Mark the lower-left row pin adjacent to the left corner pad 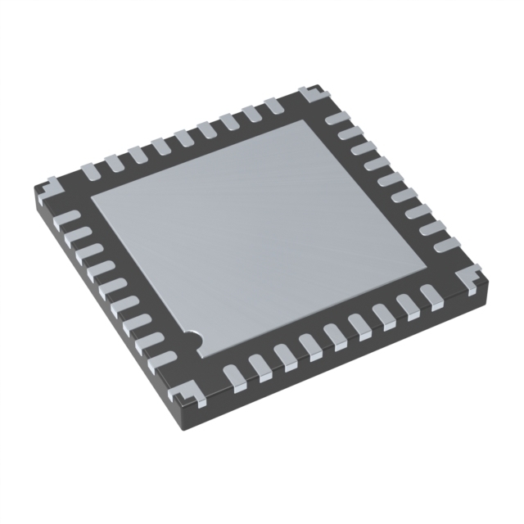pos(70,218)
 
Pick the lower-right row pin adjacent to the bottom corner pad pos(233,374)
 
